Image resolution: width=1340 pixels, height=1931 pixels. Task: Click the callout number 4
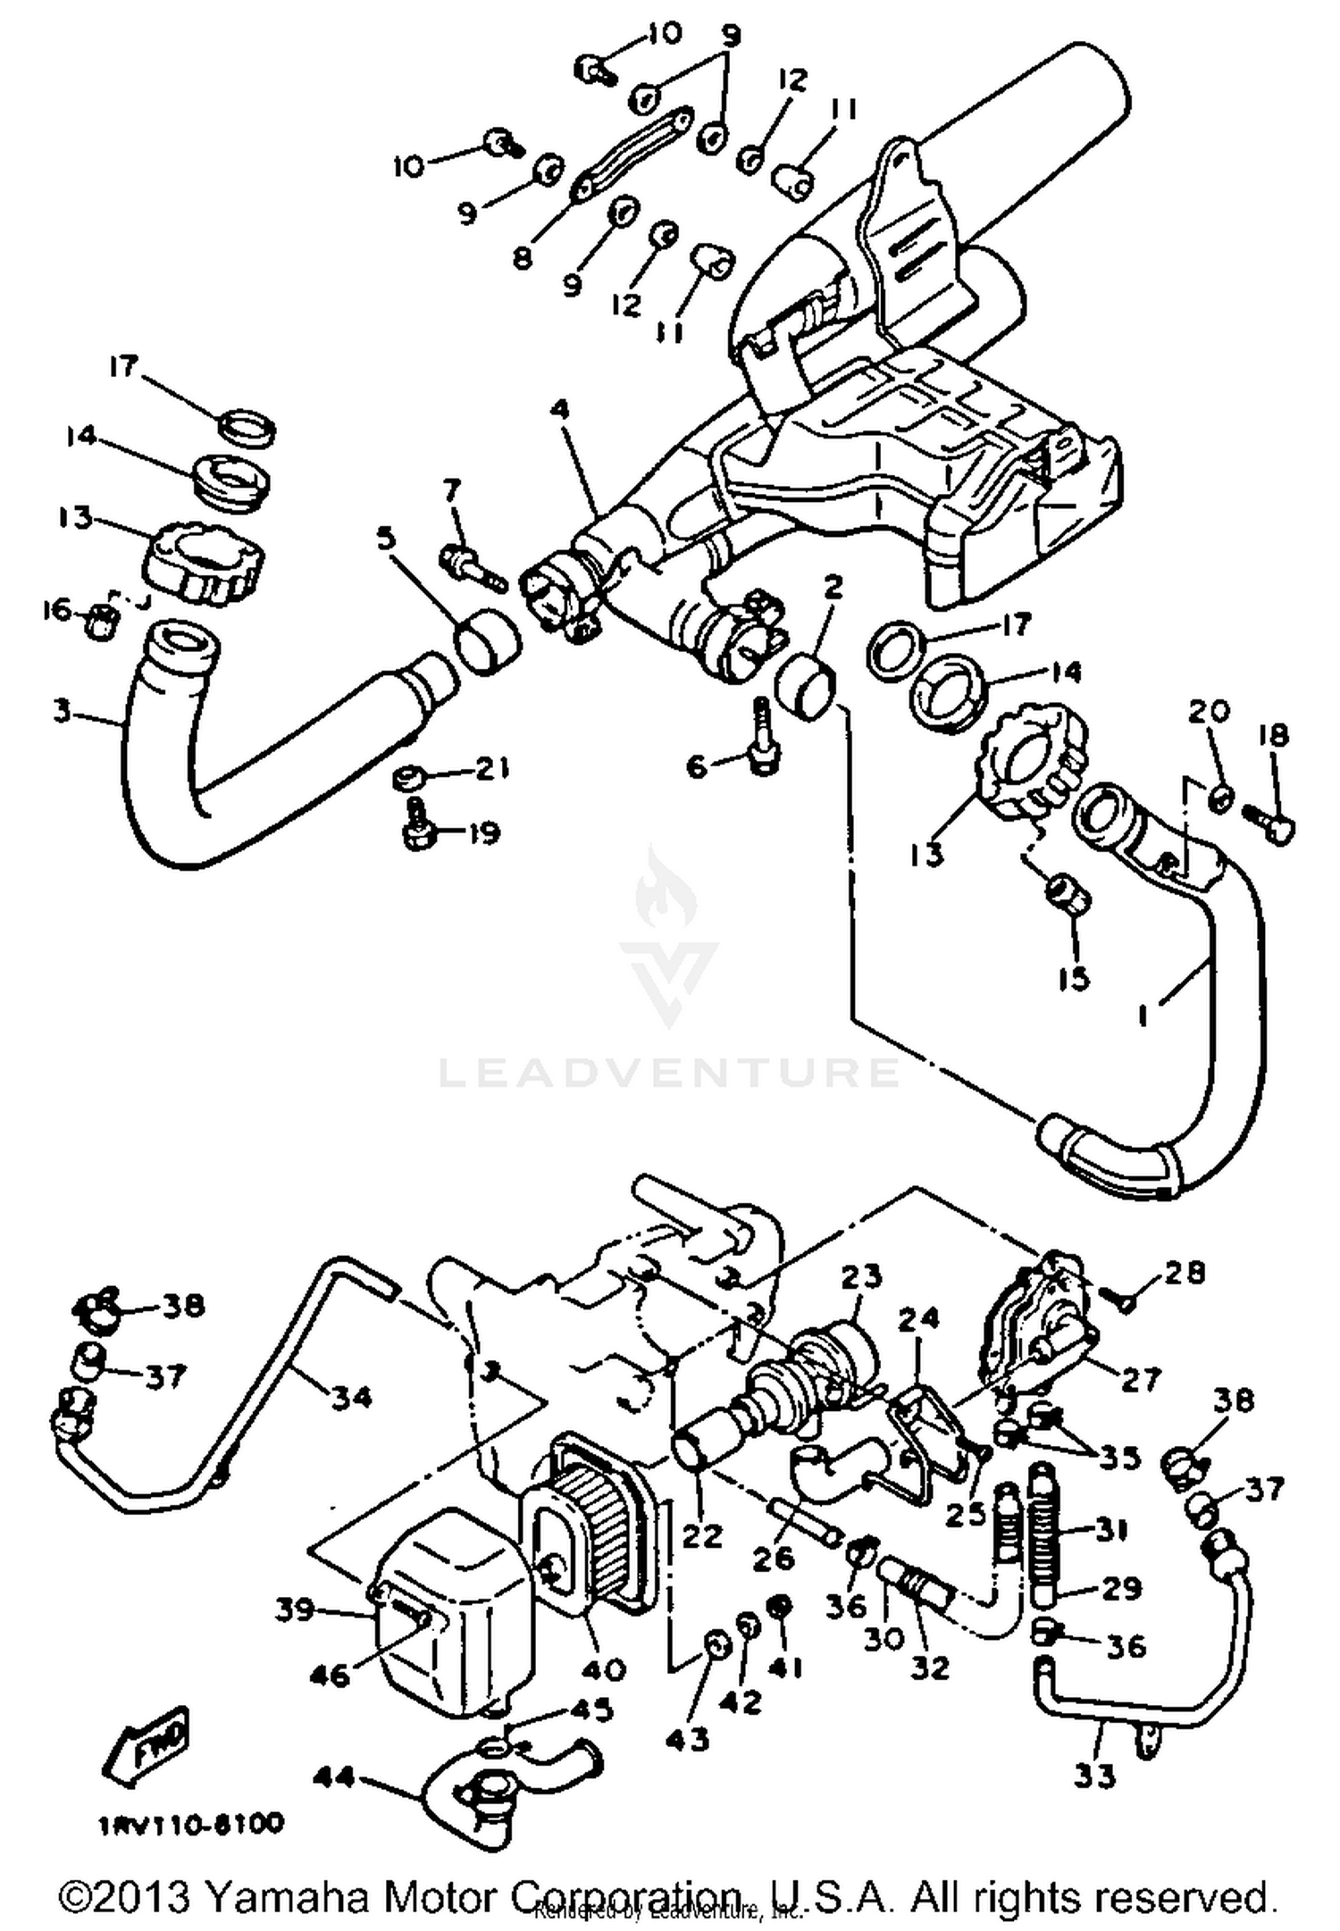coord(559,411)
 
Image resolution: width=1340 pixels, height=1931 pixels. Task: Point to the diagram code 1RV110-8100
coord(192,1823)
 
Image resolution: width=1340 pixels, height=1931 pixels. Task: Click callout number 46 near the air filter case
coord(329,1676)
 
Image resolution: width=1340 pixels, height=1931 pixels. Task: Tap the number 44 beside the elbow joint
coord(334,1778)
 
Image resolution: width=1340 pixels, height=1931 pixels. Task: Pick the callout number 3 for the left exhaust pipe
coord(61,712)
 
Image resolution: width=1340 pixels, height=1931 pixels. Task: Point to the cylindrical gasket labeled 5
coord(488,641)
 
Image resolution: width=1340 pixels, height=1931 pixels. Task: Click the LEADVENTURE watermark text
coord(668,1070)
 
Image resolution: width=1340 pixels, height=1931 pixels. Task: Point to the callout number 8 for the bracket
coord(523,258)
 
